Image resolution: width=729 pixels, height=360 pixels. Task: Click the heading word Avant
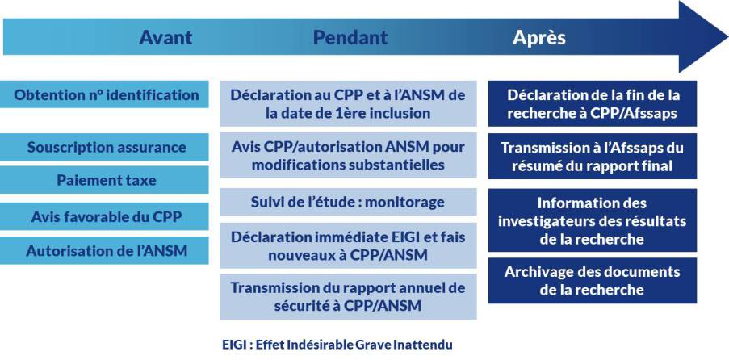click(x=165, y=37)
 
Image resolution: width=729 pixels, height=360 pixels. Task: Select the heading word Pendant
click(x=350, y=37)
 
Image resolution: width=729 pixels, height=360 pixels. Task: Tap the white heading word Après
click(x=538, y=37)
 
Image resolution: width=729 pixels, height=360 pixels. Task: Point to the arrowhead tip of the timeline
click(x=727, y=36)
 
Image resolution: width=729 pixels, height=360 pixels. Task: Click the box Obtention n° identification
click(x=104, y=94)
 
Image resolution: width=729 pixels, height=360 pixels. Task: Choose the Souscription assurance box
click(x=104, y=147)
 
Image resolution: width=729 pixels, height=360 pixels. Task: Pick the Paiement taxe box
click(x=104, y=180)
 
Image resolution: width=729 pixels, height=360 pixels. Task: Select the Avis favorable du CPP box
click(x=104, y=216)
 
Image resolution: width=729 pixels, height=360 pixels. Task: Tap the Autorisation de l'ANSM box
click(x=104, y=250)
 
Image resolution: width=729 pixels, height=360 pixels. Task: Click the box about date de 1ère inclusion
click(x=348, y=103)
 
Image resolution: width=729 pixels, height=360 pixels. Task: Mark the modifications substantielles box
click(x=348, y=155)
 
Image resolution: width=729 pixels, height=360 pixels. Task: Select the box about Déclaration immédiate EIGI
click(x=348, y=245)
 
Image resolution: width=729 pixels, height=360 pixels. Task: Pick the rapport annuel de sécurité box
click(x=348, y=296)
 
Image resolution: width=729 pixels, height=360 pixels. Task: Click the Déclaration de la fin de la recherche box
click(x=593, y=103)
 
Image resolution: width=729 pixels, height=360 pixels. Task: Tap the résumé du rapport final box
click(x=593, y=156)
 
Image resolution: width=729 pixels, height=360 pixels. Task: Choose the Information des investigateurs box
click(x=593, y=220)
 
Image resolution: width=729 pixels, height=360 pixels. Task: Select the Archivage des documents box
click(x=593, y=280)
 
